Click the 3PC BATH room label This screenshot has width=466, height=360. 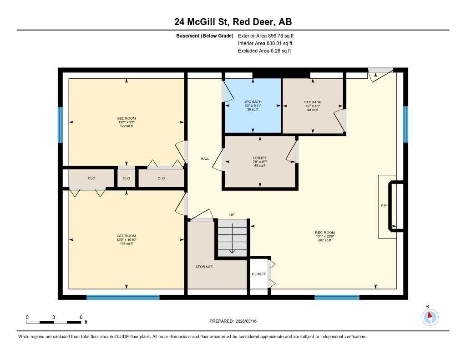coord(253,101)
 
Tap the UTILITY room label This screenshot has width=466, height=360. coord(260,158)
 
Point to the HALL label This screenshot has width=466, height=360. coord(205,159)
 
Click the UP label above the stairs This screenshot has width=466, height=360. coord(232,215)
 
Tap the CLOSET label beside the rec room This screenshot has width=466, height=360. coord(258,274)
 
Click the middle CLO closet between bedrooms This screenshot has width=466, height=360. coord(126,178)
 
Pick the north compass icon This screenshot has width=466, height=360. coord(430,316)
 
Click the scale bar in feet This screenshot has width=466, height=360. coord(54,322)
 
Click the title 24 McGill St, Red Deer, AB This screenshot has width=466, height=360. coord(233,21)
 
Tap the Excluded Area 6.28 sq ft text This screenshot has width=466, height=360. coord(264,51)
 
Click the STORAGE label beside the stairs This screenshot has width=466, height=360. coord(204,267)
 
